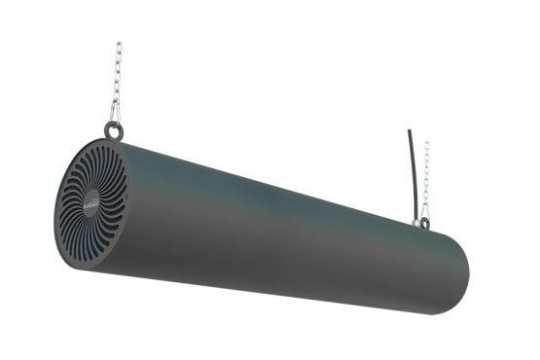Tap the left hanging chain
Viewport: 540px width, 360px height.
(117, 83)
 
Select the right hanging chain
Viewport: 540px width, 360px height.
(425, 180)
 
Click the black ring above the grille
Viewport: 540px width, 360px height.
(114, 129)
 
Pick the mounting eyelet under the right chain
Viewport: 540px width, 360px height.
(423, 223)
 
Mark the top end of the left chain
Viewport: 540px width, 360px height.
(119, 44)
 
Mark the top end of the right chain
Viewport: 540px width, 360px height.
(426, 144)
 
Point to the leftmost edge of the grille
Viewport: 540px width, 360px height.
(55, 209)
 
